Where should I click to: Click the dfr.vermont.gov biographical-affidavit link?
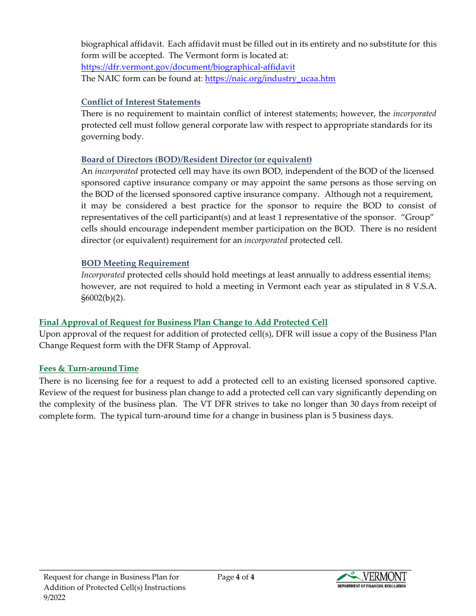click(x=188, y=67)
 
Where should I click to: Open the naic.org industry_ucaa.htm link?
click(x=270, y=79)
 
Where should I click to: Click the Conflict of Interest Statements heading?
click(x=141, y=102)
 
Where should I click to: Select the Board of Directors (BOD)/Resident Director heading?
click(x=196, y=160)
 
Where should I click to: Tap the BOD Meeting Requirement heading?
click(x=135, y=263)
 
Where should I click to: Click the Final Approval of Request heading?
click(x=183, y=323)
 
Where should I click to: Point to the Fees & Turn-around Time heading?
click(x=89, y=369)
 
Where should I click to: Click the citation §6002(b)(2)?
click(x=103, y=298)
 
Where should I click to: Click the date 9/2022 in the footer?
click(x=55, y=597)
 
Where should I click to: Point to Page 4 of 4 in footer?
click(x=236, y=577)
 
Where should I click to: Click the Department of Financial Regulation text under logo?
click(x=371, y=585)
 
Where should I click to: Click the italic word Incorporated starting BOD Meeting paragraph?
click(x=103, y=275)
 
